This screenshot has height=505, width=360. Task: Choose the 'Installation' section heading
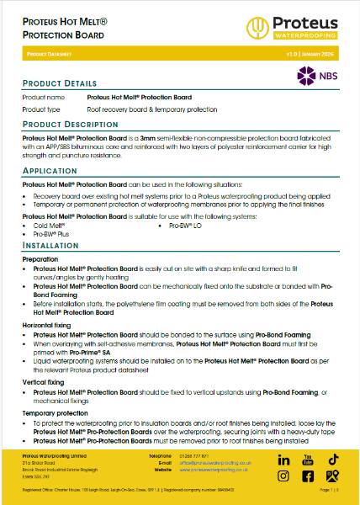click(51, 245)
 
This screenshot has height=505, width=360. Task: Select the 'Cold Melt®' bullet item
click(49, 226)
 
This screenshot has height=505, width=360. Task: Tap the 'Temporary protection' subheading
click(57, 414)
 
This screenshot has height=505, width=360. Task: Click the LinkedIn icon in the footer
click(283, 460)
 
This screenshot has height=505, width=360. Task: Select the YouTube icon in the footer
click(308, 460)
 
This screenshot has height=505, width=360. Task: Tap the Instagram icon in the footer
click(283, 476)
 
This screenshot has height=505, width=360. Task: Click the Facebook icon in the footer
click(308, 476)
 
